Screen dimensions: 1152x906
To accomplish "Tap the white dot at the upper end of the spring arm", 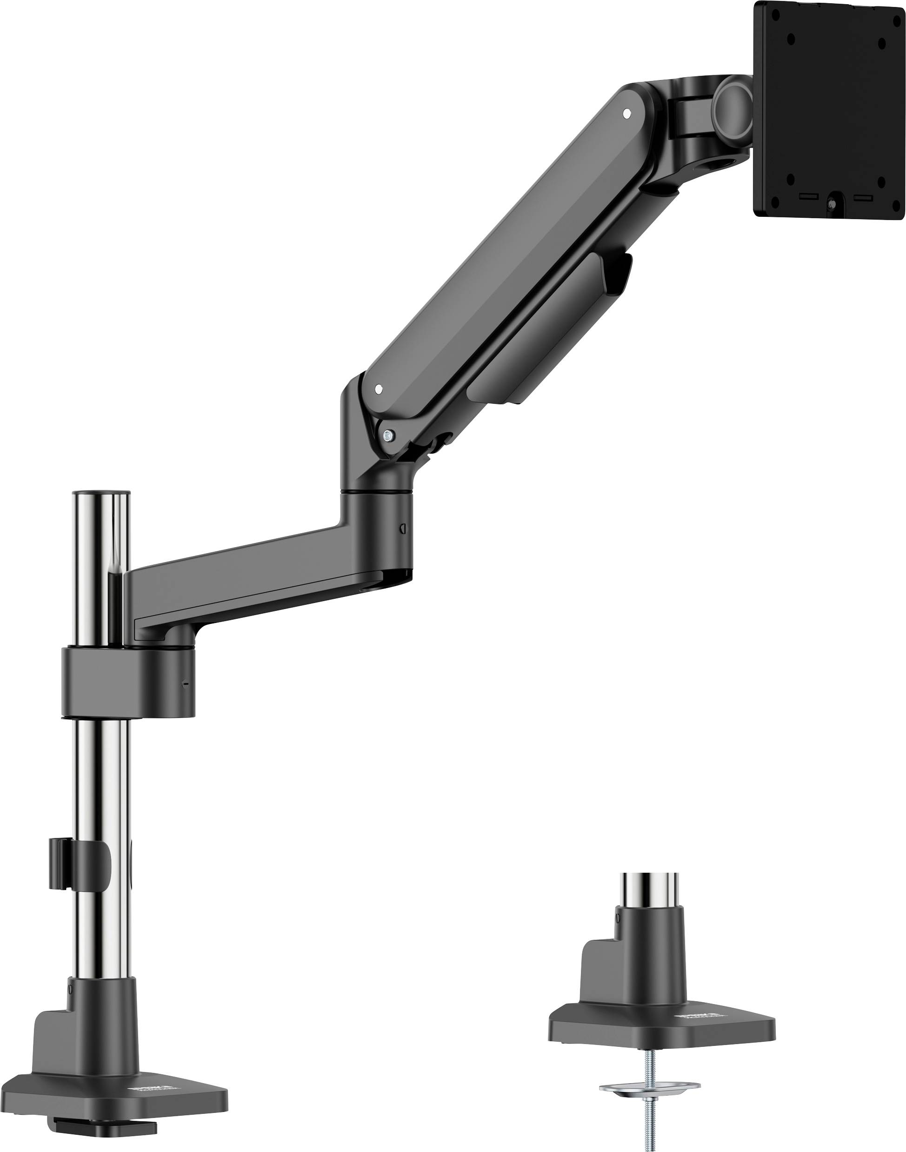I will point(626,113).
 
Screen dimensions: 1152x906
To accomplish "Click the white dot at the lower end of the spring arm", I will point(378,389).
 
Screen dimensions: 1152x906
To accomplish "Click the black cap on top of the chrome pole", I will point(101,493).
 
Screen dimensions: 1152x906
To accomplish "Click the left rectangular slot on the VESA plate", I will point(809,197).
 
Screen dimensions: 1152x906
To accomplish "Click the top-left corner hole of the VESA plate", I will point(791,39).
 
